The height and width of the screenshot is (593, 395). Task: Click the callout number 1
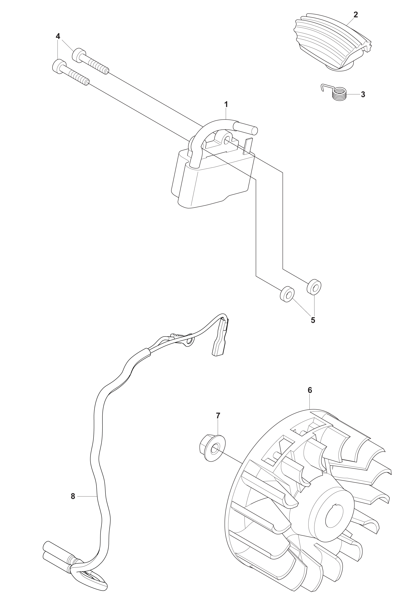[226, 104]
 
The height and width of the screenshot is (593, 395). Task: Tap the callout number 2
[355, 15]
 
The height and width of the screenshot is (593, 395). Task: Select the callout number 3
[363, 94]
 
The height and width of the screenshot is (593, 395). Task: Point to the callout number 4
[58, 36]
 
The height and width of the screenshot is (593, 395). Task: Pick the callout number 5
[313, 320]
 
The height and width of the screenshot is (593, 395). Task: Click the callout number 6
[310, 390]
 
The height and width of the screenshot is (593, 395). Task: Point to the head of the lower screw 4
[59, 66]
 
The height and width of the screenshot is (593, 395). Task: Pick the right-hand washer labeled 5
[314, 287]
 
